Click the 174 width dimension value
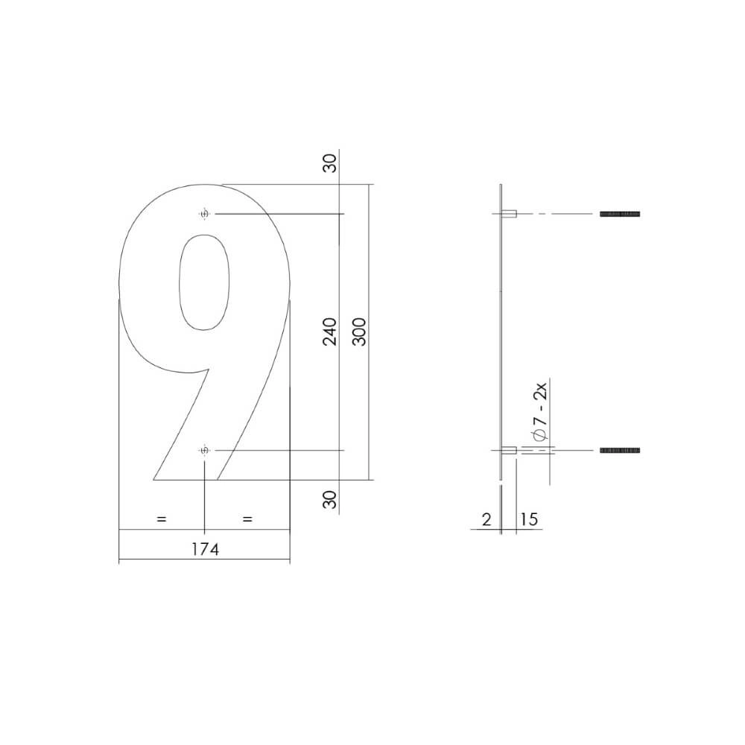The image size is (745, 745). pyautogui.click(x=204, y=550)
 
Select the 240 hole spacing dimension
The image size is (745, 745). pyautogui.click(x=330, y=332)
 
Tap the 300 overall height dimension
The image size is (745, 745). pyautogui.click(x=358, y=332)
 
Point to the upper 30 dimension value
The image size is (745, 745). pyautogui.click(x=330, y=162)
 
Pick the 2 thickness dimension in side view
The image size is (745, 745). pyautogui.click(x=486, y=519)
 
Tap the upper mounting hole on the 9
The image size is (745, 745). pyautogui.click(x=204, y=215)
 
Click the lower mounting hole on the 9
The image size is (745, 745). pyautogui.click(x=204, y=451)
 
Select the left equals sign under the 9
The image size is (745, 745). pyautogui.click(x=161, y=519)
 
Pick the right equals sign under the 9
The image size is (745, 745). pyautogui.click(x=247, y=519)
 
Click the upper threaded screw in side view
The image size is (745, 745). pyautogui.click(x=620, y=215)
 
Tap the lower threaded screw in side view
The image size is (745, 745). pyautogui.click(x=620, y=451)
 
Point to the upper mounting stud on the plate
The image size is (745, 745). pyautogui.click(x=510, y=215)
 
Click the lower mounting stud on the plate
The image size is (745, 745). pyautogui.click(x=510, y=451)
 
